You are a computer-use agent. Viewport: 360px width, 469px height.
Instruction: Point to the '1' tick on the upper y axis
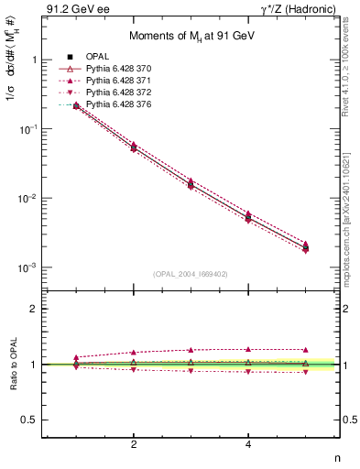click(36, 60)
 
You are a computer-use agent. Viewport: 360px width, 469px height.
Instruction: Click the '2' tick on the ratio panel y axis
click(36, 309)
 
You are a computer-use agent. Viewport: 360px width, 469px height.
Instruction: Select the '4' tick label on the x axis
click(248, 444)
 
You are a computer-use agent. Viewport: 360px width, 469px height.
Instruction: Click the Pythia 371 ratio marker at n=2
click(134, 352)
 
